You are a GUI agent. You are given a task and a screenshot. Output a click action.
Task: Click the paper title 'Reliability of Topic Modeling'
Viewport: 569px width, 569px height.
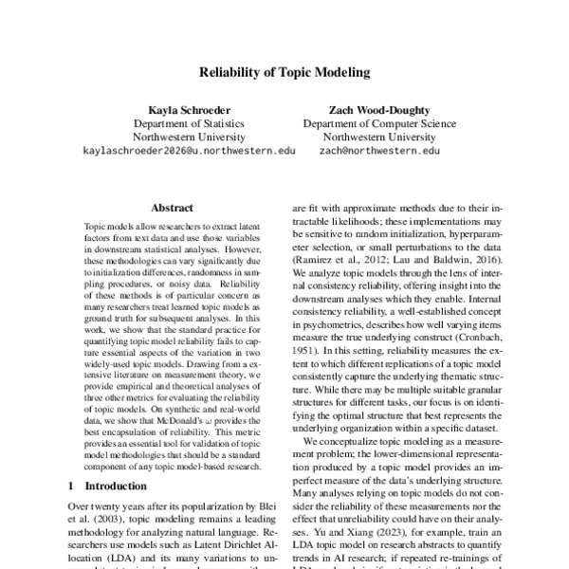coord(284,71)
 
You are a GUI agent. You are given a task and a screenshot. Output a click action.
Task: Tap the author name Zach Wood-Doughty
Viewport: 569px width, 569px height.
coord(379,110)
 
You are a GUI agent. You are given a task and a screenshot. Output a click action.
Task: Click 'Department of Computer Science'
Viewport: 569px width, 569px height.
coord(379,123)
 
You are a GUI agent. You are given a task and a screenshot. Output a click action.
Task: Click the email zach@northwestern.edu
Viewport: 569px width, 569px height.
coord(379,150)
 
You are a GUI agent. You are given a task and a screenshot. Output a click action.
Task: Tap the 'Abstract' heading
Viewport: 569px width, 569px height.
coord(174,203)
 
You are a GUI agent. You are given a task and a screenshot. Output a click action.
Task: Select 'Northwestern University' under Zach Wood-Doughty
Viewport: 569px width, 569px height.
coord(379,137)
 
